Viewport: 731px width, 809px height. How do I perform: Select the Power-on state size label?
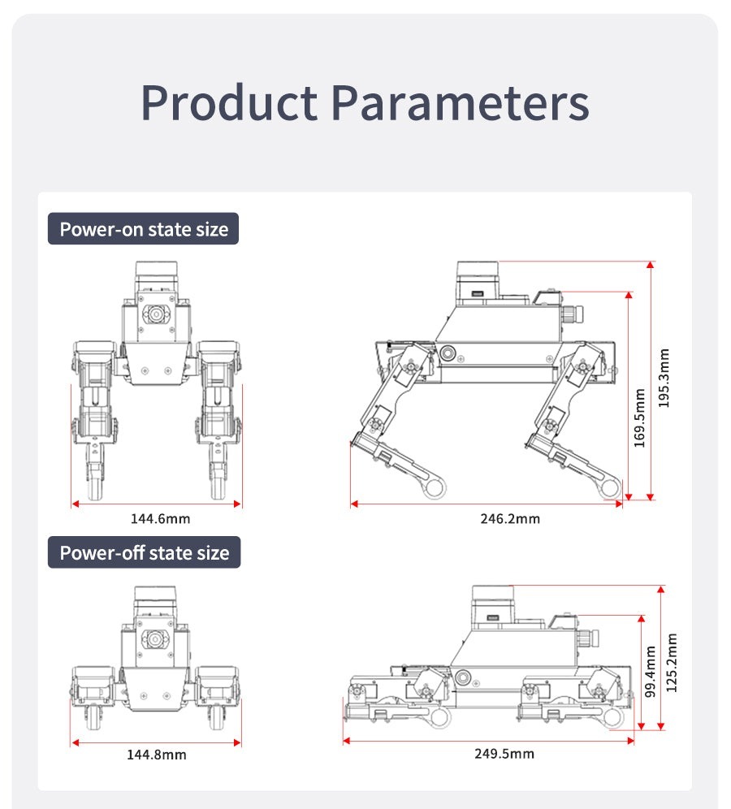(144, 229)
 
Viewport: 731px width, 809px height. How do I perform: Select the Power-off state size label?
(145, 553)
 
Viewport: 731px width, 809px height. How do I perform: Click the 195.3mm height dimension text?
(664, 378)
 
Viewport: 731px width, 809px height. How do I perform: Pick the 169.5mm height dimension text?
(639, 417)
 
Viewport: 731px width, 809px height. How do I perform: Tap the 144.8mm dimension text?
(156, 755)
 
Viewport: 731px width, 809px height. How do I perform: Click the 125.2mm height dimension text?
(672, 663)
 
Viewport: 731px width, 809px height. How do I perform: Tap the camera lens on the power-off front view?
(154, 639)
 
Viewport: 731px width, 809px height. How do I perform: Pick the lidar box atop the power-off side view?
(493, 605)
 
